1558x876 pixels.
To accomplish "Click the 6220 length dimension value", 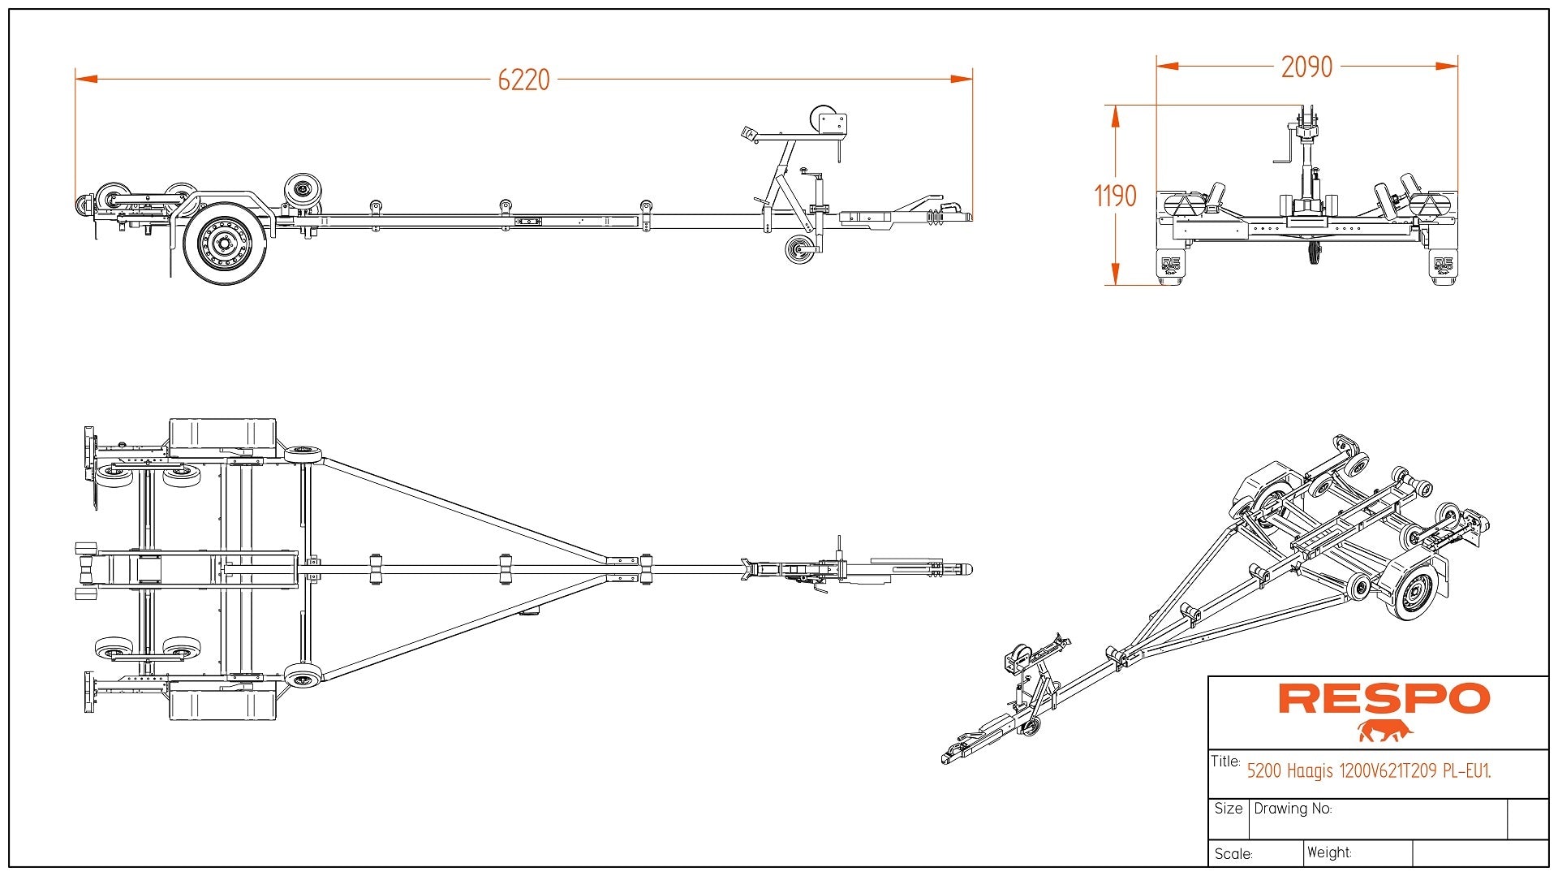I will (523, 80).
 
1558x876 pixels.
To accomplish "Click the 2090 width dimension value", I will (1306, 67).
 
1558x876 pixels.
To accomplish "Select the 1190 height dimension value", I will (1115, 196).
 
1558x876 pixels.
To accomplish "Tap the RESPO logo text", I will (1384, 698).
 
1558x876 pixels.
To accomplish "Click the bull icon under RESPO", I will (1384, 731).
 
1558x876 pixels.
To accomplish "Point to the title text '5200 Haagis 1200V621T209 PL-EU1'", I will (1368, 770).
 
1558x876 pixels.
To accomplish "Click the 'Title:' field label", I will (1225, 762).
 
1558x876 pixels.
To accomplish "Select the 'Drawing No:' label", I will (1293, 809).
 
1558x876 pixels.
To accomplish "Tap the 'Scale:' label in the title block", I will (1233, 854).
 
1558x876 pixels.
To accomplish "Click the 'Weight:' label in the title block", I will (1329, 852).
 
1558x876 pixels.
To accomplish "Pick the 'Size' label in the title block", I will (1229, 809).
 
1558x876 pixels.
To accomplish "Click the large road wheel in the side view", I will (225, 243).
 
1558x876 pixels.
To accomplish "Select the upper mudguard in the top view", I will (222, 437).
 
